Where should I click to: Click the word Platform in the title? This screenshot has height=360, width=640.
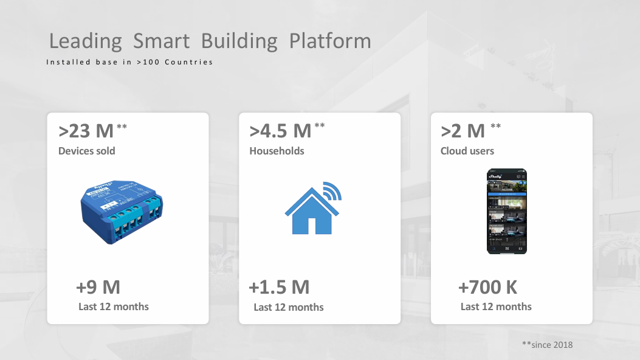[330, 41]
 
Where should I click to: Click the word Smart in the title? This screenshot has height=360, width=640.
[162, 41]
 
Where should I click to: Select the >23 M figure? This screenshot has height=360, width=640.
[86, 131]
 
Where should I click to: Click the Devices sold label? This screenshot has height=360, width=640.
[86, 151]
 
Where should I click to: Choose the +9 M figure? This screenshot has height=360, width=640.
[98, 287]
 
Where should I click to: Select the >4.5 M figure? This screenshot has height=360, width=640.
[280, 131]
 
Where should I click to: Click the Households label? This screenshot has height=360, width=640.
[277, 151]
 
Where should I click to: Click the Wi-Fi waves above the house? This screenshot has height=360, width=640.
[332, 190]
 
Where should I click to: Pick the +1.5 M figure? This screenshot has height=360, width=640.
[279, 287]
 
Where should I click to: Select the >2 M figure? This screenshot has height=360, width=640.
[463, 131]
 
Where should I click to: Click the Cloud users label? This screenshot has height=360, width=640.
[467, 151]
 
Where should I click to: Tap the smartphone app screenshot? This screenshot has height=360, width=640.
[507, 211]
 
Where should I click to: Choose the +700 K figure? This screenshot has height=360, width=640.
[488, 287]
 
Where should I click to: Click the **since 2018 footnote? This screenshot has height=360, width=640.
[547, 345]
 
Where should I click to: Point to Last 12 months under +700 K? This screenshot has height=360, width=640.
[496, 306]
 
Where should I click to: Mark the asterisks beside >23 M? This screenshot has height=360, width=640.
[122, 126]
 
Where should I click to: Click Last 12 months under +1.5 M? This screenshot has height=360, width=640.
[289, 307]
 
